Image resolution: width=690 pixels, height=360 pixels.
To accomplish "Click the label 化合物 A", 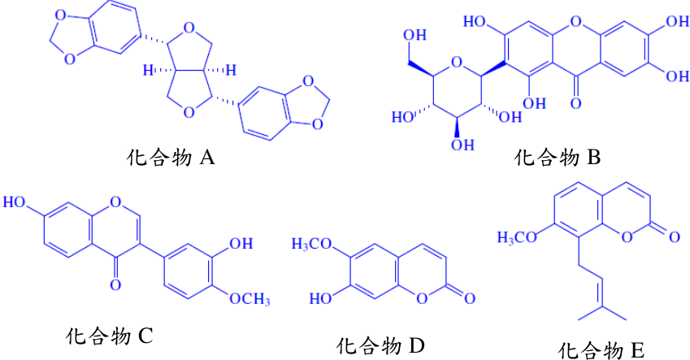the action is [x=171, y=157].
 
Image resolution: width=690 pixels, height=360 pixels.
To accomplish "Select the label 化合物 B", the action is [x=558, y=157].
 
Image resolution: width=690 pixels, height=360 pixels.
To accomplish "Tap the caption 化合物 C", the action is [x=109, y=336].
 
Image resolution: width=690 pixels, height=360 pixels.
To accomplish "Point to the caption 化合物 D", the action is [x=380, y=346].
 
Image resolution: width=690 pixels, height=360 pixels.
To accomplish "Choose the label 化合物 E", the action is [x=601, y=351].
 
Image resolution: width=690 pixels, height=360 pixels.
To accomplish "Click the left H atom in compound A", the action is [x=148, y=70].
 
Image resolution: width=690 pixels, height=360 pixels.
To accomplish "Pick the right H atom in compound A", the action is [x=231, y=70].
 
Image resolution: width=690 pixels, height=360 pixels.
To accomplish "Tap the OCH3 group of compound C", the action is [x=250, y=300].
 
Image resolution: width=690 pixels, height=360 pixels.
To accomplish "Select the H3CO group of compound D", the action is [x=311, y=245].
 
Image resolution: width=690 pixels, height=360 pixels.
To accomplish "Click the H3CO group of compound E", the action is [x=517, y=237].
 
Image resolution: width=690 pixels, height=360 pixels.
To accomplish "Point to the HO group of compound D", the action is [x=320, y=299].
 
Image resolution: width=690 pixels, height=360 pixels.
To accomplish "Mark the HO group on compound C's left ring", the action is [x=14, y=202].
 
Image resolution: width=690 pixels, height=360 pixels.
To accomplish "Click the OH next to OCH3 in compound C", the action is [x=241, y=243].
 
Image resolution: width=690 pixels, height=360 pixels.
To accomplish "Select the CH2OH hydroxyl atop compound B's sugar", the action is [x=415, y=35].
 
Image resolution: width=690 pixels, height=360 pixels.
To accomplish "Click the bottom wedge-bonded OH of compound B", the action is [x=462, y=145].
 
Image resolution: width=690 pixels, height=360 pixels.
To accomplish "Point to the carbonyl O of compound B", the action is [x=575, y=103].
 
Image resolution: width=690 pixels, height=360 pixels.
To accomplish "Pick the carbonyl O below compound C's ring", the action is [x=115, y=285].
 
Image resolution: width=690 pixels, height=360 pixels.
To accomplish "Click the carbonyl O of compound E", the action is [x=675, y=237].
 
